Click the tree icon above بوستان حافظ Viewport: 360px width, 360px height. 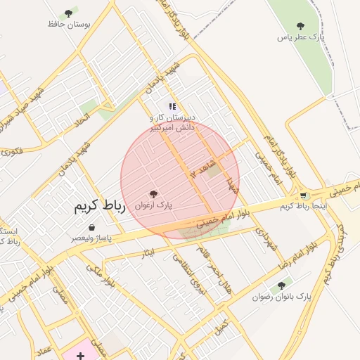(x=68, y=13)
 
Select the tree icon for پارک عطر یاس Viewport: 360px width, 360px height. (x=302, y=26)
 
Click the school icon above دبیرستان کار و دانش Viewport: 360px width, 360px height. (x=172, y=106)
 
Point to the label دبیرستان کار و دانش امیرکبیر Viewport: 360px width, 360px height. (x=173, y=122)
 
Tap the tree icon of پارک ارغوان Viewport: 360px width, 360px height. (x=153, y=193)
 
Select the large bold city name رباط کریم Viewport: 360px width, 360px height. (x=100, y=207)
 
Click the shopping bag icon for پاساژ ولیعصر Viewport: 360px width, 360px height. (x=93, y=227)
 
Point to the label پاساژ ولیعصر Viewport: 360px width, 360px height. (x=92, y=238)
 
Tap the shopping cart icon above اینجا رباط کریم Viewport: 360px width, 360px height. (x=303, y=195)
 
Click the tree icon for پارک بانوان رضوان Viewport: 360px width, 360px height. (x=281, y=285)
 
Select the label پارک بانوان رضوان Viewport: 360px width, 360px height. (x=281, y=297)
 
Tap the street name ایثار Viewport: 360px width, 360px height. (x=147, y=251)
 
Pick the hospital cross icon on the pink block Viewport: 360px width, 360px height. (x=81, y=356)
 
